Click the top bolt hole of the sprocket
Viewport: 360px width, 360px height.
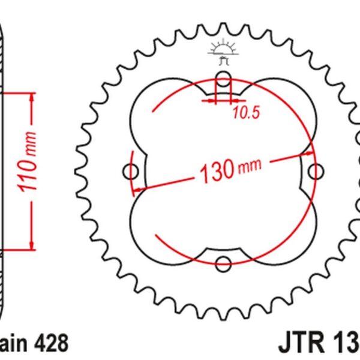click(223, 79)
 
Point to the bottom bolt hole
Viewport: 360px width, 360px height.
click(223, 263)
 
